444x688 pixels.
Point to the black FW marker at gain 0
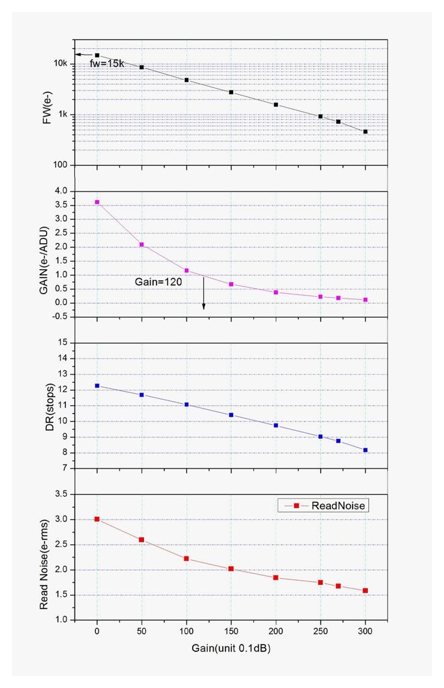[x=97, y=55]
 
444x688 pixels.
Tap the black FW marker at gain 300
[x=365, y=131]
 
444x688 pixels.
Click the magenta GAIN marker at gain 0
[x=97, y=202]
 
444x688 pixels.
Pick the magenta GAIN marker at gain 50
[x=142, y=245]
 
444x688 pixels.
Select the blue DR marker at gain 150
[x=231, y=415]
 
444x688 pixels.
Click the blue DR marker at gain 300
[x=365, y=450]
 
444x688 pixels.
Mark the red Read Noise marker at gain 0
[x=97, y=519]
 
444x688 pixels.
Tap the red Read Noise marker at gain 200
[x=276, y=578]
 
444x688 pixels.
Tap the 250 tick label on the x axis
[x=320, y=632]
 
